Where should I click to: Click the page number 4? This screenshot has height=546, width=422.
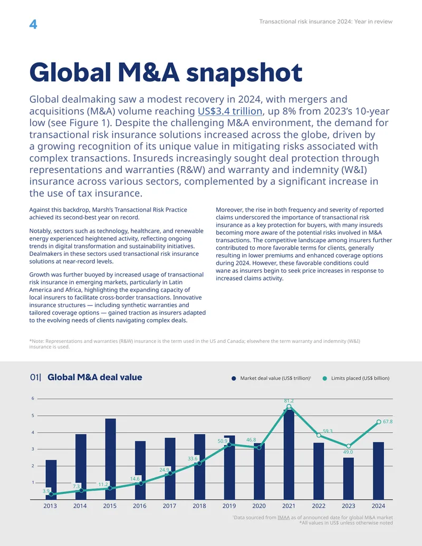(33, 24)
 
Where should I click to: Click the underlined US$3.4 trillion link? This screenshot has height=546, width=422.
(230, 111)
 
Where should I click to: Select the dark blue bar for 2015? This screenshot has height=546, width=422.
(110, 459)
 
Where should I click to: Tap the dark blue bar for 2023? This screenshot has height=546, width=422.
(349, 478)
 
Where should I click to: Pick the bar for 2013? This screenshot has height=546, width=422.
(51, 480)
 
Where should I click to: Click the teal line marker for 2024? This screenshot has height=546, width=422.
(379, 422)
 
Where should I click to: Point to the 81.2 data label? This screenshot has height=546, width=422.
(289, 401)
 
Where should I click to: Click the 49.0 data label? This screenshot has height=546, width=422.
(348, 452)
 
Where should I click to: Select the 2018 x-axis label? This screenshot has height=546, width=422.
(199, 506)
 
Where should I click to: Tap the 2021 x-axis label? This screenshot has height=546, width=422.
(289, 506)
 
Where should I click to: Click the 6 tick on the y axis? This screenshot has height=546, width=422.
(33, 398)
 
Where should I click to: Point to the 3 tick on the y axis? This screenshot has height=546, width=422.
(33, 449)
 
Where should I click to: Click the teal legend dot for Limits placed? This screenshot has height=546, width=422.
(325, 379)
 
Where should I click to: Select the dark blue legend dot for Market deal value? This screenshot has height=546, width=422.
(234, 379)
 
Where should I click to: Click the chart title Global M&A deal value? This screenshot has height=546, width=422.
(95, 378)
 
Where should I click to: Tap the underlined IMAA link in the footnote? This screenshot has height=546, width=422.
(283, 518)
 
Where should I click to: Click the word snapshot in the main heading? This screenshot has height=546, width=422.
(244, 73)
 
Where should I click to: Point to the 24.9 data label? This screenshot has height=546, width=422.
(164, 470)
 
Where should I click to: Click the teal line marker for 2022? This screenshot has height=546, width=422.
(319, 435)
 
